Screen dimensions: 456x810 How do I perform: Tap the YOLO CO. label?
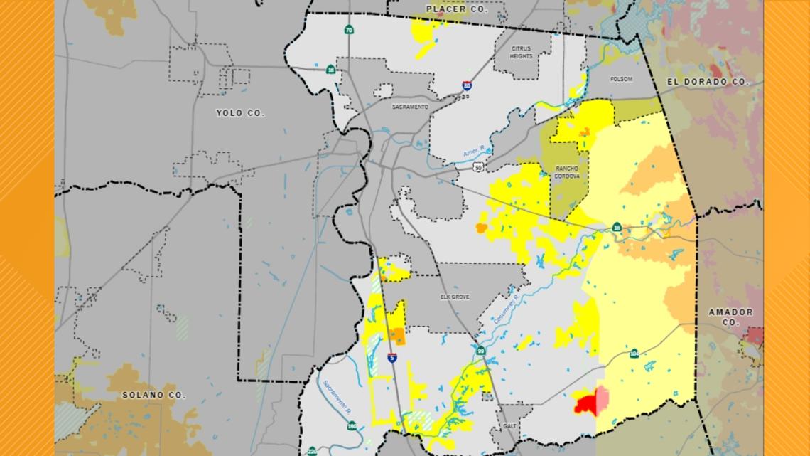click(x=239, y=113)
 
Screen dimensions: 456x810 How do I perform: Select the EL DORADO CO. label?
click(x=708, y=82)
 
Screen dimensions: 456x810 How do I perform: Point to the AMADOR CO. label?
click(x=730, y=317)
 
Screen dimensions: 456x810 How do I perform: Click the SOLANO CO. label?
click(x=153, y=394)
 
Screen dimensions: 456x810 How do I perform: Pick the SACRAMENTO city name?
click(x=410, y=107)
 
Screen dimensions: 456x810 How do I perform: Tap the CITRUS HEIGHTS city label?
click(x=521, y=52)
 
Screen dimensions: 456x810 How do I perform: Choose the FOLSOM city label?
click(x=621, y=79)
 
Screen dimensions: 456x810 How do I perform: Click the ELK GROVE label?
click(x=455, y=297)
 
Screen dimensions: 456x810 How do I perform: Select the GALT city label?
click(x=507, y=425)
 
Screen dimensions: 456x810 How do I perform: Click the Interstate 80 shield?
click(x=466, y=85)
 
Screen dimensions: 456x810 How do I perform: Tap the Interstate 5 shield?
click(x=391, y=358)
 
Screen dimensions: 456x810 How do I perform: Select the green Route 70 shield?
click(x=348, y=30)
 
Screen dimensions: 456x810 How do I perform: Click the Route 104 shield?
click(x=634, y=353)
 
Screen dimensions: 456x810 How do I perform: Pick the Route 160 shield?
click(x=352, y=426)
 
